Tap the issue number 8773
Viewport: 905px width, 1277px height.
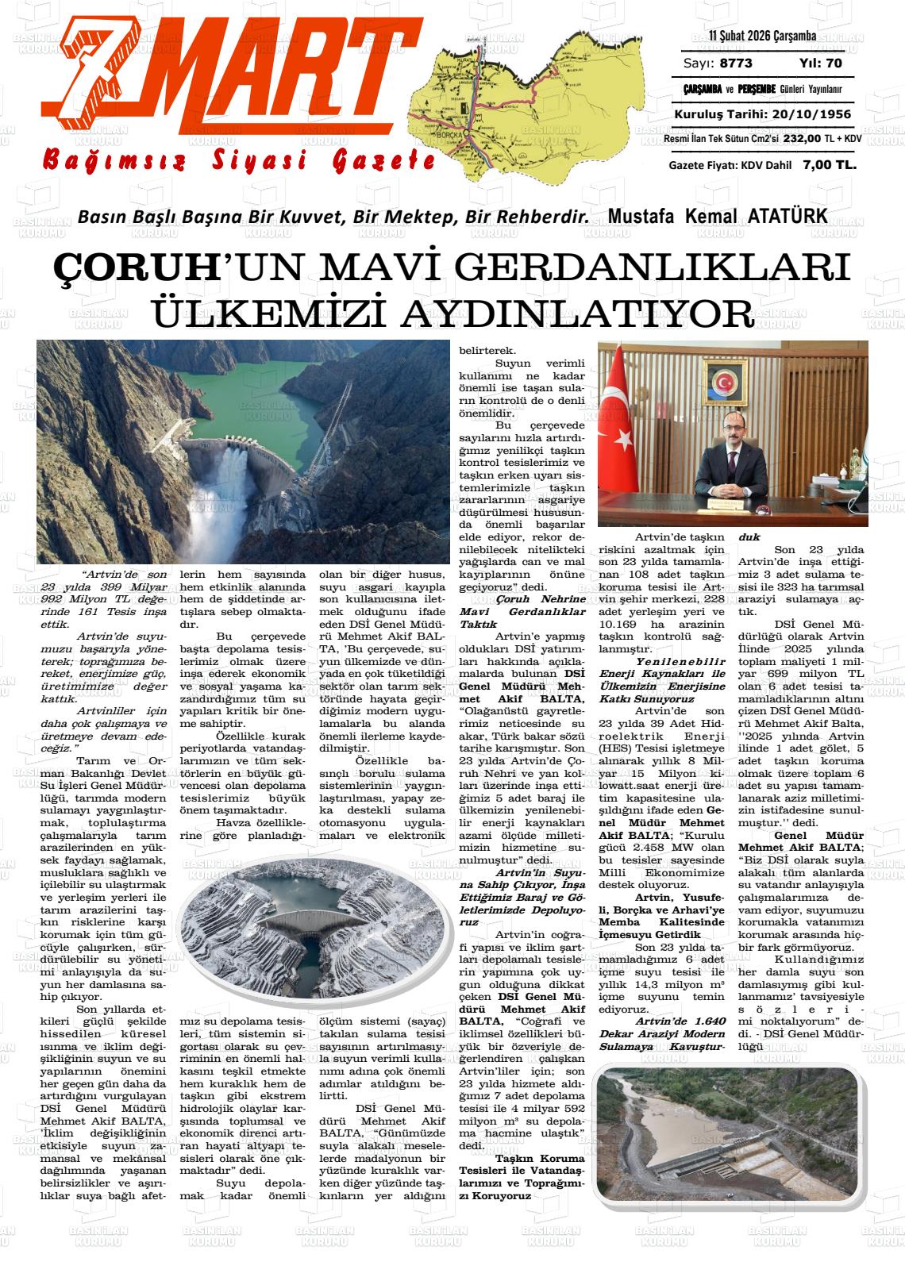(x=736, y=63)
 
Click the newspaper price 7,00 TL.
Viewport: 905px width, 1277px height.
(x=829, y=165)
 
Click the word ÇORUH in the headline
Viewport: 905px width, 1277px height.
(x=134, y=267)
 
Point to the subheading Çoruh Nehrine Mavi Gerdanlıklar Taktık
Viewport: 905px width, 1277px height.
(x=522, y=611)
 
